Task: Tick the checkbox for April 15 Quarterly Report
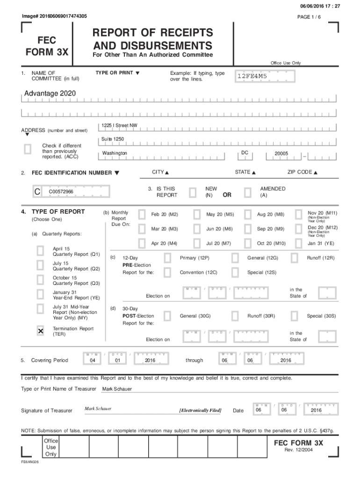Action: [41, 251]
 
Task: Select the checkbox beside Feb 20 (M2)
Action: [142, 215]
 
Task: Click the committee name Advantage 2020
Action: [47, 94]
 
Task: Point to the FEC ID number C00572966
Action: [61, 192]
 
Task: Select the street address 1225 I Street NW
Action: [120, 126]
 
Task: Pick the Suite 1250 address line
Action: [113, 139]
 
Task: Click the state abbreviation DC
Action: [245, 153]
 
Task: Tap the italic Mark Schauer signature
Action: [98, 409]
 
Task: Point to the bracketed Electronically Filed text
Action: [200, 411]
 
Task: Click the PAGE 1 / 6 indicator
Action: [309, 17]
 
